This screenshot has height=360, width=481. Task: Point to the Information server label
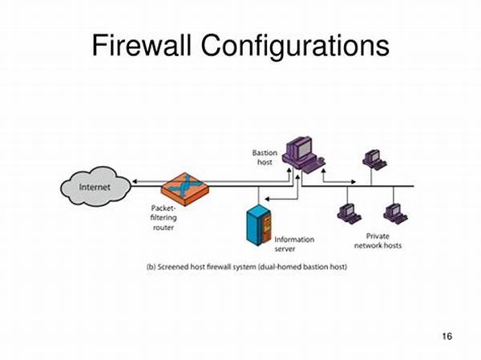tap(294, 244)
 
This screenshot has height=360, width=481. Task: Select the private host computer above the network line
tap(374, 159)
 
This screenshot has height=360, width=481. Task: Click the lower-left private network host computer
tap(349, 213)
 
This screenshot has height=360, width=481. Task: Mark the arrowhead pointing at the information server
tap(269, 207)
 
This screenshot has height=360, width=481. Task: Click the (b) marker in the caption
tap(152, 265)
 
